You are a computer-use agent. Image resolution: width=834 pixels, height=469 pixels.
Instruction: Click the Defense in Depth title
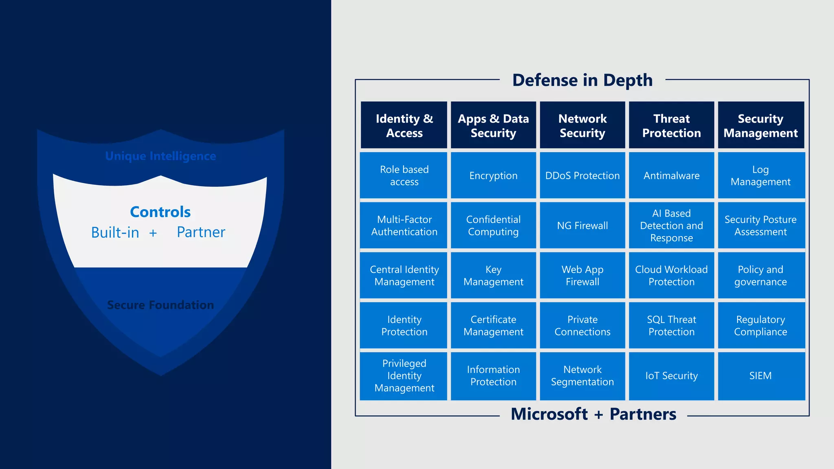(x=582, y=80)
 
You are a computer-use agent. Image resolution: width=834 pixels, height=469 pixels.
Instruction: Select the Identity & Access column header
(x=404, y=125)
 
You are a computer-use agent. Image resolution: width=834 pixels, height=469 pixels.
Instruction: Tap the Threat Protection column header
(x=672, y=125)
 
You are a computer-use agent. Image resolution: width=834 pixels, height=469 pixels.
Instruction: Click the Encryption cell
(x=493, y=175)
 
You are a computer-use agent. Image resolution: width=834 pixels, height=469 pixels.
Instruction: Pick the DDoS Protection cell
(x=582, y=175)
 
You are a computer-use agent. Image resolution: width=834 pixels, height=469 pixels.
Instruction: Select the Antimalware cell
(x=672, y=175)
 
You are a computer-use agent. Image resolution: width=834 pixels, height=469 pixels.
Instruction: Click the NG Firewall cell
(x=582, y=226)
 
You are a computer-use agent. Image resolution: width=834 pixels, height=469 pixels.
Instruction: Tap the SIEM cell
(x=761, y=376)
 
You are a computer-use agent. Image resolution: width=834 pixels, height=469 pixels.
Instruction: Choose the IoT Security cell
(x=672, y=376)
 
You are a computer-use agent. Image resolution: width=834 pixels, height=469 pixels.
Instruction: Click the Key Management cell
(x=493, y=276)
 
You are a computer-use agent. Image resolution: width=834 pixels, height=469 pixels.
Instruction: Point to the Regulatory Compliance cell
(x=761, y=326)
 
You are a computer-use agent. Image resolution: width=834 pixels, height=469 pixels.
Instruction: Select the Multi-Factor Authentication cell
(x=404, y=226)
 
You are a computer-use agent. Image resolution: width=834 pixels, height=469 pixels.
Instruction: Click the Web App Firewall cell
(x=582, y=276)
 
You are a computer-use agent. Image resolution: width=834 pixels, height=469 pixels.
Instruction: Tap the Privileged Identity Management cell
(x=404, y=376)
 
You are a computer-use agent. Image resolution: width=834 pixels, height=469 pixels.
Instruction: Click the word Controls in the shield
(x=160, y=212)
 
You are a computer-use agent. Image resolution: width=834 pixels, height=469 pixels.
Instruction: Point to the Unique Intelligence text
(x=160, y=156)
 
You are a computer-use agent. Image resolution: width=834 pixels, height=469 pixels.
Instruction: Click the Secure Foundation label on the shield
(x=160, y=305)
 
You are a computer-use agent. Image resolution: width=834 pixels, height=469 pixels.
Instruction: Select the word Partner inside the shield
(x=201, y=232)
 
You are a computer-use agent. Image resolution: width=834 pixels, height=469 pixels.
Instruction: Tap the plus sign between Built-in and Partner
(x=153, y=233)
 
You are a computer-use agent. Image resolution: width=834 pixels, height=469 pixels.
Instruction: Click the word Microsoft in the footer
(x=549, y=414)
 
